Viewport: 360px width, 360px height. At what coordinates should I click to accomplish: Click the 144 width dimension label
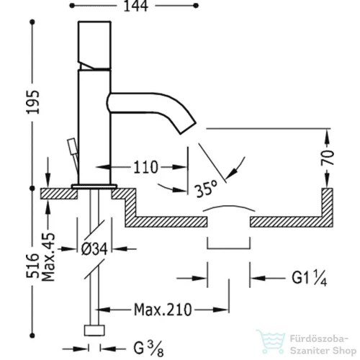pos(136,6)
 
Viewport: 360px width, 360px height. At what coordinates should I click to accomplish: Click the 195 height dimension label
pos(32,102)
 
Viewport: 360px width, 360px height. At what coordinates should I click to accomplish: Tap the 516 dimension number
pos(32,266)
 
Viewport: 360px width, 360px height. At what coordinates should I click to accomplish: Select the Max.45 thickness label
pos(48,257)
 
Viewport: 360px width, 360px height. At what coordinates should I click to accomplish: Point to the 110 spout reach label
pos(145,167)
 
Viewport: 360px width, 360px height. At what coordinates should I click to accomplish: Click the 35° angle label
pos(207,189)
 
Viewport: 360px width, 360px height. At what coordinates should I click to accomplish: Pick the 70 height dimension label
pos(328,158)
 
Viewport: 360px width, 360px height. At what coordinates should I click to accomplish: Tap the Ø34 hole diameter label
pos(94,248)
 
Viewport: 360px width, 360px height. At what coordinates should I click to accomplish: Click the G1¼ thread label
pos(309,279)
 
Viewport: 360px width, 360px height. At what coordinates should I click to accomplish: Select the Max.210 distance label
pos(163,310)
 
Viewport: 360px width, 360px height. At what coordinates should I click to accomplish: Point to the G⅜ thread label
pos(149,348)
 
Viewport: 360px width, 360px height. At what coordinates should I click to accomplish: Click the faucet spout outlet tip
pos(189,128)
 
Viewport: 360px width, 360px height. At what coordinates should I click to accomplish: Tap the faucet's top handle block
pos(94,45)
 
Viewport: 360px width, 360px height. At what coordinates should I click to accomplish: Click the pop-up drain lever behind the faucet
pos(74,153)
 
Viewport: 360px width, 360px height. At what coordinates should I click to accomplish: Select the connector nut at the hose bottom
pos(94,330)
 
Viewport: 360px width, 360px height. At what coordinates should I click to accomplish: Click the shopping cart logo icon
pos(271,342)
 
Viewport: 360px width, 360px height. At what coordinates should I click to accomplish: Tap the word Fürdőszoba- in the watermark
pos(319,339)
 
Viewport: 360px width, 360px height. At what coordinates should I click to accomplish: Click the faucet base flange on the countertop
pos(94,186)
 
